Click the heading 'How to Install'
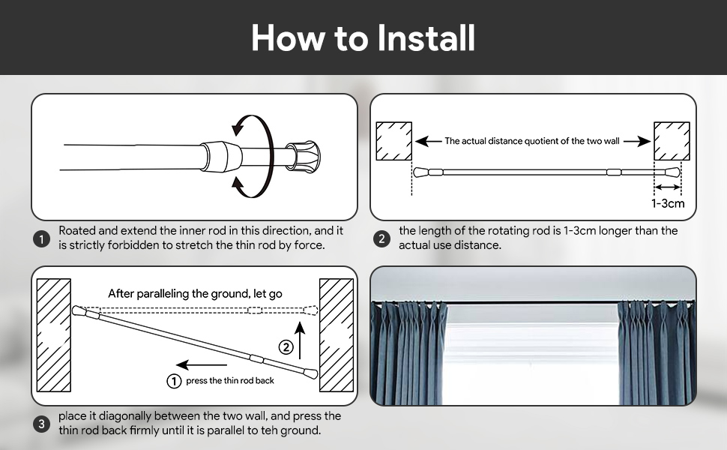coord(363,37)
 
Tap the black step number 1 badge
coord(41,239)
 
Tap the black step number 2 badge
coord(381,239)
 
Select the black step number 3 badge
coord(41,424)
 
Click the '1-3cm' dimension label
coord(667,204)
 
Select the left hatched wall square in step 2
coord(393,141)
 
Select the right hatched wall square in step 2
coord(671,141)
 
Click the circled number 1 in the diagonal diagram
coord(174,381)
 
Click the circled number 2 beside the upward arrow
coord(285,347)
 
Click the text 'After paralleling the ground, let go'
coord(195,293)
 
